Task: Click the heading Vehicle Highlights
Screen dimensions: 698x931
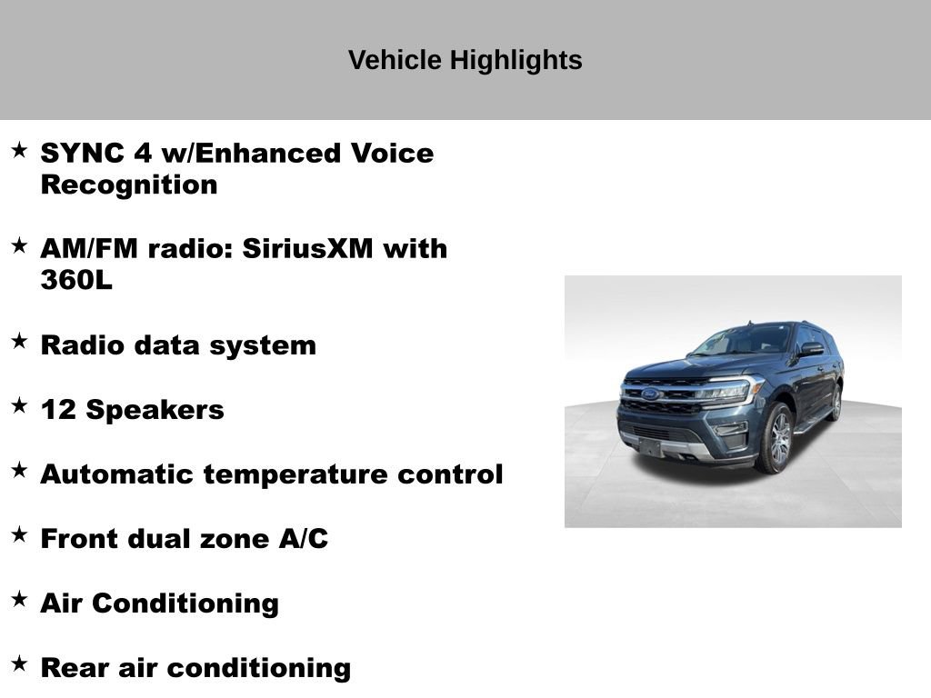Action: (465, 61)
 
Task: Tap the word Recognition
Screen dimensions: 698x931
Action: (129, 184)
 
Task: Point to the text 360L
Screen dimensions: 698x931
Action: (76, 280)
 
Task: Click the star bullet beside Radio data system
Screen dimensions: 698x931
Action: (19, 342)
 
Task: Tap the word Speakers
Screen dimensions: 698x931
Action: (155, 410)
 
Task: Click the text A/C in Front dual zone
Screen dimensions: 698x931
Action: (304, 539)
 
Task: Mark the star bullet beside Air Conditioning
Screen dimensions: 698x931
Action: (19, 599)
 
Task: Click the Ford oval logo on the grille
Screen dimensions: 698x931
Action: (651, 394)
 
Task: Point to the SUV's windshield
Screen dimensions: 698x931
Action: (741, 341)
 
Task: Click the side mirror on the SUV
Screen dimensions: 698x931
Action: (811, 349)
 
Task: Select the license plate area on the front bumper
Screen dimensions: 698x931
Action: (649, 445)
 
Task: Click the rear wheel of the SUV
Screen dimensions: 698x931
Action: (836, 402)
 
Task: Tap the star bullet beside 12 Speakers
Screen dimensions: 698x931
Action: (19, 406)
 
